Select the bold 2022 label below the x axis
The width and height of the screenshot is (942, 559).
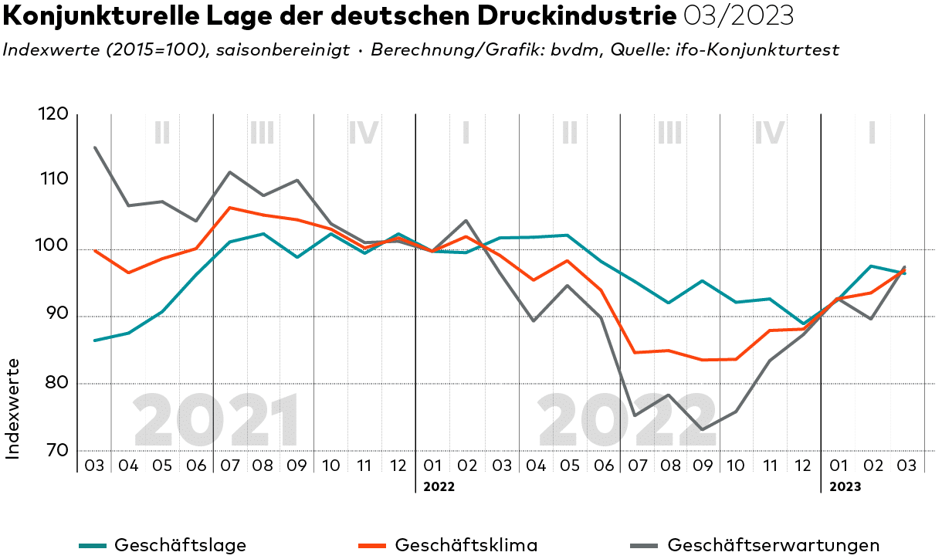pyautogui.click(x=439, y=487)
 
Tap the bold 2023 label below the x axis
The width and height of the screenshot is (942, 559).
pyautogui.click(x=845, y=487)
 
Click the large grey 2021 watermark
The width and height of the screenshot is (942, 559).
pyautogui.click(x=217, y=421)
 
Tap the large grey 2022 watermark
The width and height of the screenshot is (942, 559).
pyautogui.click(x=627, y=421)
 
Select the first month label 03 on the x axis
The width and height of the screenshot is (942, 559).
pyautogui.click(x=94, y=466)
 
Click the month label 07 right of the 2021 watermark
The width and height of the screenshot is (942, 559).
pyautogui.click(x=230, y=466)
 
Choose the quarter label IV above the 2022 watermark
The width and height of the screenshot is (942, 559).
pyautogui.click(x=770, y=133)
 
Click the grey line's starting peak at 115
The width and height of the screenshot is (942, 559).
pyautogui.click(x=95, y=147)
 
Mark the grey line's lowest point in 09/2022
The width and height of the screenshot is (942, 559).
pyautogui.click(x=703, y=429)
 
